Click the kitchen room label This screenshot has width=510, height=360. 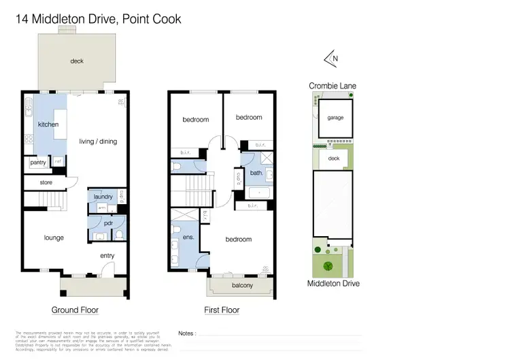coord(48,125)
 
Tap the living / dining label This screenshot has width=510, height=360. coord(99,142)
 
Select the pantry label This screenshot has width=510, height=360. coord(37,163)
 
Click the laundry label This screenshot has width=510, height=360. coord(103,197)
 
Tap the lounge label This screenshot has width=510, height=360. coord(54,238)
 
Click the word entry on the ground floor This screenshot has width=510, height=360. coord(107,256)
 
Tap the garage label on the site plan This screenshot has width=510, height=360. coord(335,117)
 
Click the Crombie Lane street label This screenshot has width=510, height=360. coord(333,86)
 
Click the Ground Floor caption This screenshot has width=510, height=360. coord(75,310)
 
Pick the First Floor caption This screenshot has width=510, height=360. coord(222,310)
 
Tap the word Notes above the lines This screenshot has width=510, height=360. coord(186,333)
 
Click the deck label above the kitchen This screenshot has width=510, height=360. coord(77,61)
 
